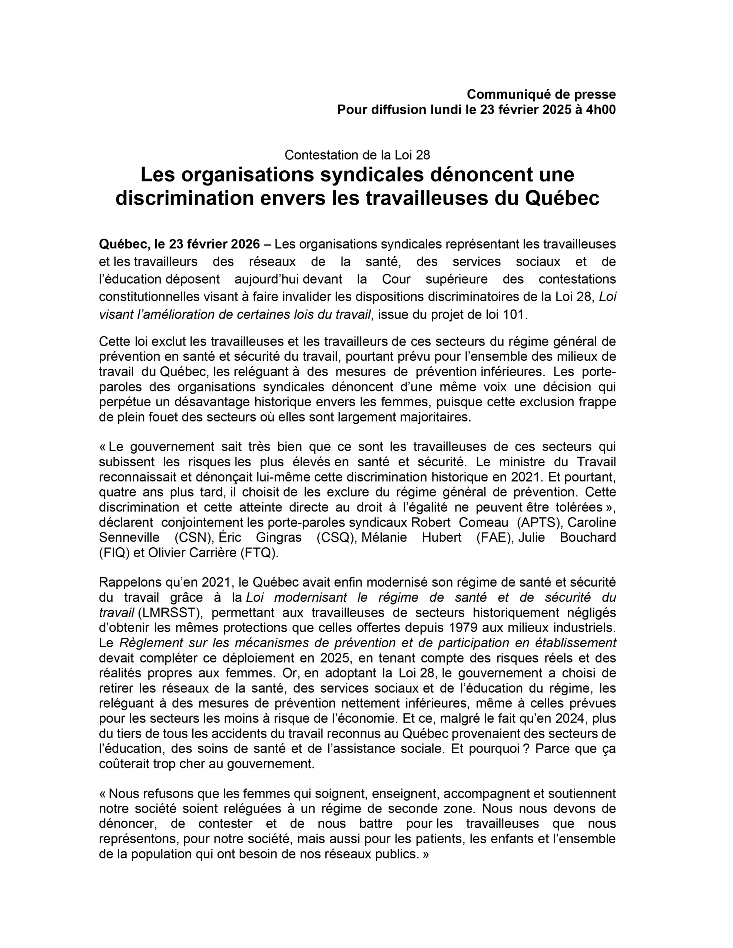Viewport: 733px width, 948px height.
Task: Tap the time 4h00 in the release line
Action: pyautogui.click(x=600, y=110)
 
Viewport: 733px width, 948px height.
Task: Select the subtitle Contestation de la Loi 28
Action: pyautogui.click(x=357, y=155)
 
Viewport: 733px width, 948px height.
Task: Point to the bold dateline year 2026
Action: pyautogui.click(x=245, y=244)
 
